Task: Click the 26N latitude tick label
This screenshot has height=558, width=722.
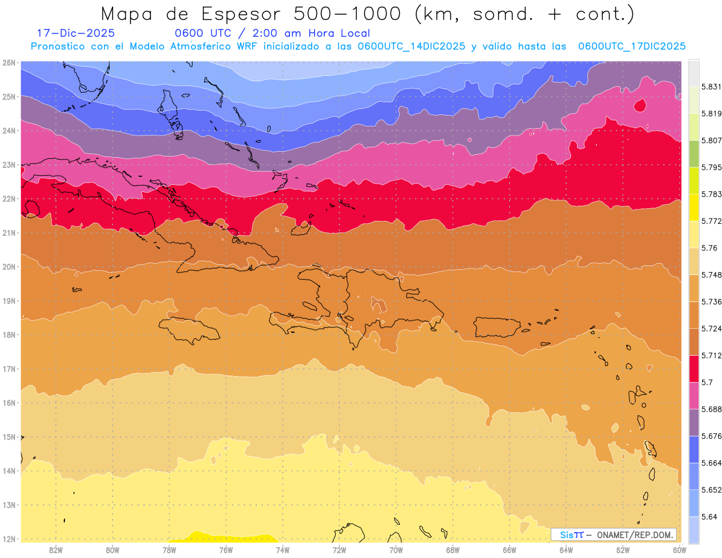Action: pyautogui.click(x=9, y=63)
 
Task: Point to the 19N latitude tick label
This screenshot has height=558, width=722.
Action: pyautogui.click(x=9, y=301)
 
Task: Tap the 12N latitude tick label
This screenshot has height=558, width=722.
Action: pyautogui.click(x=9, y=539)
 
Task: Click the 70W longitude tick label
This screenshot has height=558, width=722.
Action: pyautogui.click(x=396, y=550)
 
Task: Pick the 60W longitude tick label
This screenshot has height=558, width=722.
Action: pyautogui.click(x=680, y=550)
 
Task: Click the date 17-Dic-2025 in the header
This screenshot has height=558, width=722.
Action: pyautogui.click(x=76, y=33)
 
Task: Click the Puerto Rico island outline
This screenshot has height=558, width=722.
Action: pyautogui.click(x=496, y=327)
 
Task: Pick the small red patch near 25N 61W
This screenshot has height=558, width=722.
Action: pyautogui.click(x=640, y=105)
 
